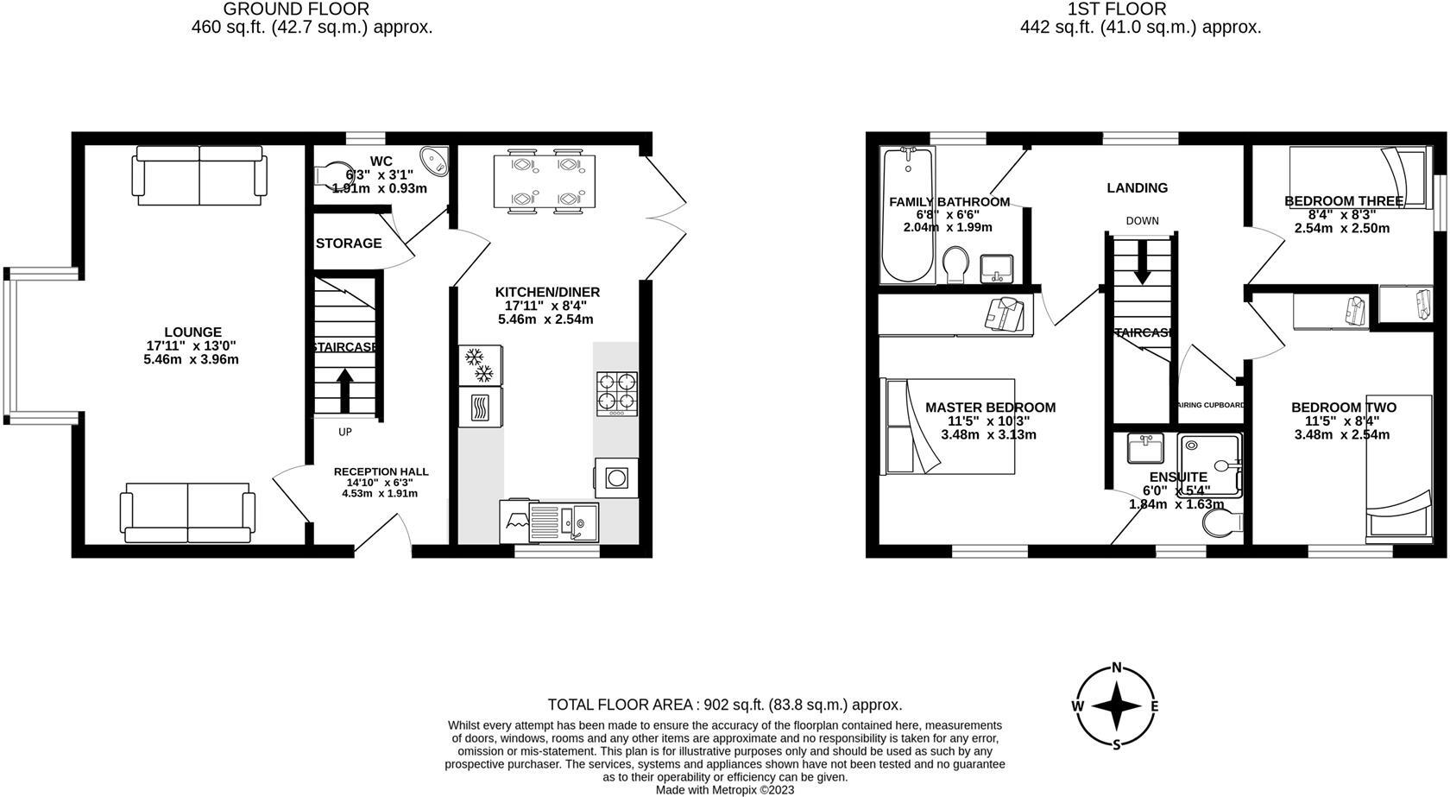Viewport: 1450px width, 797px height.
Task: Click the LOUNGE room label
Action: tap(192, 332)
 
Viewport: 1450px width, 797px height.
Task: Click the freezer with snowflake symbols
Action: tap(479, 364)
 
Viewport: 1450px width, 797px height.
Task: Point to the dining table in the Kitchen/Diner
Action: tap(545, 182)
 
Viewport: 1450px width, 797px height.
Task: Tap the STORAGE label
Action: tap(349, 244)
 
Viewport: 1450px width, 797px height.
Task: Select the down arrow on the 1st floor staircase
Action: tap(1142, 264)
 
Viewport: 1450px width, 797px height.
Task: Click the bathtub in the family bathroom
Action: tap(906, 216)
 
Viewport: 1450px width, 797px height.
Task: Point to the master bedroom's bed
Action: tap(947, 427)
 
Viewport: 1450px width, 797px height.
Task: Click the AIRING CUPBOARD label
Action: tap(1210, 405)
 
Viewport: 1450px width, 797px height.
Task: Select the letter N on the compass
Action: tap(1117, 667)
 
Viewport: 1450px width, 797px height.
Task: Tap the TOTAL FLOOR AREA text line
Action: tap(724, 705)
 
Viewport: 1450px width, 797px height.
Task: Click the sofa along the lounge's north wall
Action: tap(199, 175)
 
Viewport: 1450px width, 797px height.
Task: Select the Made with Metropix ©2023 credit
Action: tap(724, 789)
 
